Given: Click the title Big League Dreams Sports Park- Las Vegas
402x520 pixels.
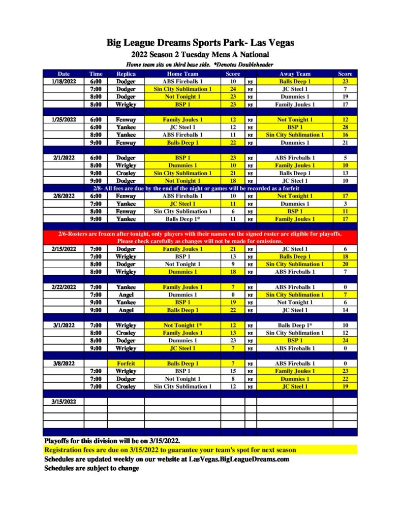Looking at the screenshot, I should click(x=200, y=43).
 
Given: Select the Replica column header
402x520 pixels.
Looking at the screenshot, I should click(x=126, y=74).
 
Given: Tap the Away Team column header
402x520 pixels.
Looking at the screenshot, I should click(x=295, y=74).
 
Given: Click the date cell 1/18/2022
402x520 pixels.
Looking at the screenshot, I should click(x=64, y=81).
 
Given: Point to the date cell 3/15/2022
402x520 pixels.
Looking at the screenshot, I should click(x=64, y=401).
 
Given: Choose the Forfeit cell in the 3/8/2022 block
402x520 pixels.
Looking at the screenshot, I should click(x=126, y=364).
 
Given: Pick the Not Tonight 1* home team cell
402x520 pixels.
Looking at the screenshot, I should click(x=182, y=325).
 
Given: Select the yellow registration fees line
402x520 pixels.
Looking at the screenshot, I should click(x=170, y=450).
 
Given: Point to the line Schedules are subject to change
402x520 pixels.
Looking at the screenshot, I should click(x=91, y=468).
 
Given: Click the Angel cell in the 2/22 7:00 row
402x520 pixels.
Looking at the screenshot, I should click(x=126, y=295).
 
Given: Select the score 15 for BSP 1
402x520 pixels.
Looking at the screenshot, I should click(x=233, y=371).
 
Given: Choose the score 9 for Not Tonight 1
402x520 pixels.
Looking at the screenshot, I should click(x=233, y=264).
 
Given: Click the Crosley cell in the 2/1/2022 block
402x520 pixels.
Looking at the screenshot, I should click(x=126, y=173).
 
